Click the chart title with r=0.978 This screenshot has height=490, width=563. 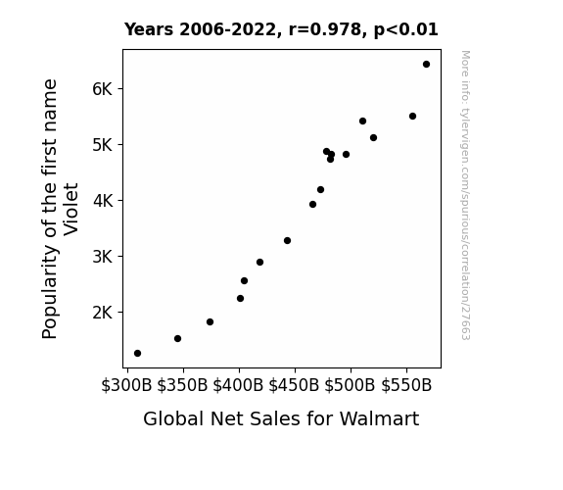pos(281,29)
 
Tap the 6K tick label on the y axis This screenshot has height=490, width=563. pos(103,89)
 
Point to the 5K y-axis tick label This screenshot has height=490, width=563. pos(103,145)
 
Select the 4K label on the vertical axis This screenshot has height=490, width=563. pos(103,201)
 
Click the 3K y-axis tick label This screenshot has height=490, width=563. pos(103,257)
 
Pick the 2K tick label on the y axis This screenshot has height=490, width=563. pos(103,313)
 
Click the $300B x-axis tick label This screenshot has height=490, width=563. pos(126,385)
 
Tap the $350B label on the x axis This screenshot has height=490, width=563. pos(182,385)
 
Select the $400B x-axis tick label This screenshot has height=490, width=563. pos(238,385)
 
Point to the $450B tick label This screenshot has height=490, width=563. pos(294,385)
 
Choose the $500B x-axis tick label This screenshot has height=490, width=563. pos(351,385)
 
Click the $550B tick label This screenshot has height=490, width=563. pos(406,385)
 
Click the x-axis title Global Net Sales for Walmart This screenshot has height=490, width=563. pos(281,418)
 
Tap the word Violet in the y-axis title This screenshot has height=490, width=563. pos(70,210)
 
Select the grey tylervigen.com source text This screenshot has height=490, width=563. pos(465,195)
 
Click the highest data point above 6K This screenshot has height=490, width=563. pos(426,65)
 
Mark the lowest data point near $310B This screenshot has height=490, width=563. pos(137,354)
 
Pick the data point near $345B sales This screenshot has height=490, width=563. pos(178,339)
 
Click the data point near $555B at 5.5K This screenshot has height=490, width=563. pos(412,116)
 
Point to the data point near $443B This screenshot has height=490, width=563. pos(287,240)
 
